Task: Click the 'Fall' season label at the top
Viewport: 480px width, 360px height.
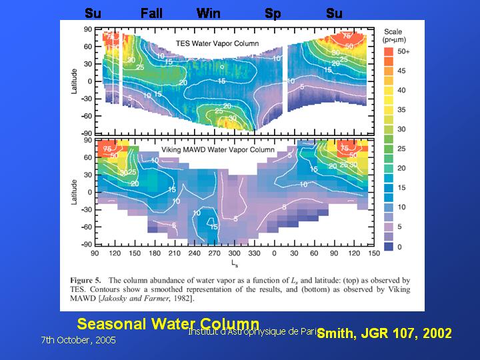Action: (x=151, y=13)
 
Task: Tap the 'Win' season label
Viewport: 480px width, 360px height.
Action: (x=209, y=13)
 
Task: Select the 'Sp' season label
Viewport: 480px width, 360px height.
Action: (x=273, y=13)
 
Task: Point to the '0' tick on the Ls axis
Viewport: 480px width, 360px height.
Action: (x=274, y=253)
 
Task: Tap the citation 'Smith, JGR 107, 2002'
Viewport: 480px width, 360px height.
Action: (x=385, y=333)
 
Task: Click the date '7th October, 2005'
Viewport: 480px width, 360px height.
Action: (x=78, y=340)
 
